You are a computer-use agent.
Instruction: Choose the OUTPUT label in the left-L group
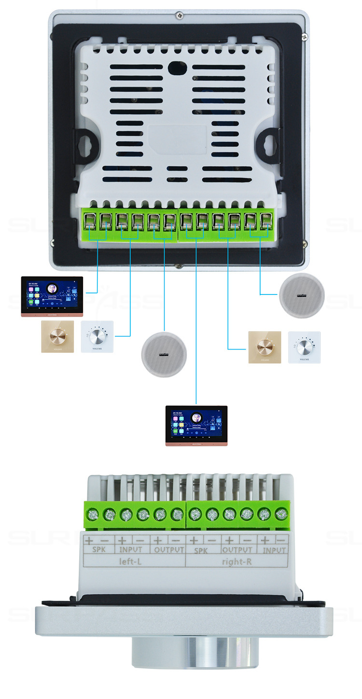tap(168, 550)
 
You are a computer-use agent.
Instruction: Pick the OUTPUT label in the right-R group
tap(237, 550)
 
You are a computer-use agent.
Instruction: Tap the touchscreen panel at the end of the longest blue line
tap(196, 425)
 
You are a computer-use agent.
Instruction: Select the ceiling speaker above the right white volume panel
tap(302, 295)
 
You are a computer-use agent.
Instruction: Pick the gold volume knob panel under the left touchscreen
tap(57, 336)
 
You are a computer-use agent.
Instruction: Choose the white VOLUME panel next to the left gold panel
tap(97, 336)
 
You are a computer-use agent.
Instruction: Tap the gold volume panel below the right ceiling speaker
tap(265, 347)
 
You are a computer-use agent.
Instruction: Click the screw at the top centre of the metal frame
tap(179, 15)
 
